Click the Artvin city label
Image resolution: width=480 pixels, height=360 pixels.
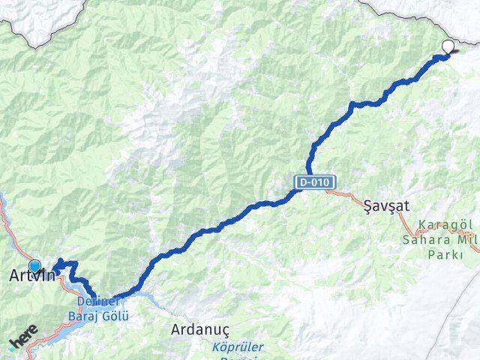point(31,276)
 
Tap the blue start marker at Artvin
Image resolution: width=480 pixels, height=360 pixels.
point(34,265)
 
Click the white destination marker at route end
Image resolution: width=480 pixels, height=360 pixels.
point(448,47)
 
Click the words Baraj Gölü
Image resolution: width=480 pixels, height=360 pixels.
point(103,316)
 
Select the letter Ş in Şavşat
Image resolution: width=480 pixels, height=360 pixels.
point(367,204)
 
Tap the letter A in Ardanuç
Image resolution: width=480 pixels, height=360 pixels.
point(176,329)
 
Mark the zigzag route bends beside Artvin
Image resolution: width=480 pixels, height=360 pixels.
point(66,265)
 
